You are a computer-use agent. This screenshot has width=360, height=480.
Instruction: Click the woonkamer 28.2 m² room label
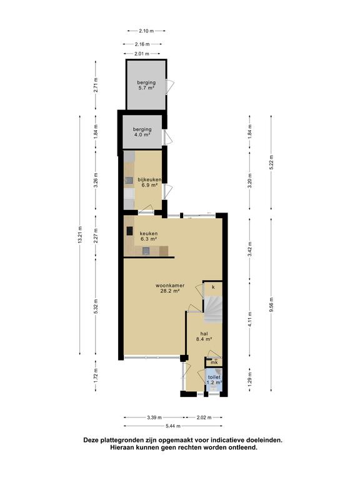click(x=170, y=288)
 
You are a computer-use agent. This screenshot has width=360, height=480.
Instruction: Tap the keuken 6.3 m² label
click(x=149, y=236)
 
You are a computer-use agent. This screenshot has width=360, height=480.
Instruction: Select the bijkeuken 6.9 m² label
click(x=149, y=182)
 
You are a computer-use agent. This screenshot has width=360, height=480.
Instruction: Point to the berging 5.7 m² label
click(x=146, y=85)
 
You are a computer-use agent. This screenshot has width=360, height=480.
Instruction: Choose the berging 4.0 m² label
click(x=142, y=132)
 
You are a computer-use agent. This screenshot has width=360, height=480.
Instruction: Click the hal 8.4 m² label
click(x=204, y=336)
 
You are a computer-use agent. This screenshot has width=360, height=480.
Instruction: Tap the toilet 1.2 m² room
click(x=214, y=380)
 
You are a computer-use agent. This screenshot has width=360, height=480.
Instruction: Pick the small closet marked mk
click(x=214, y=362)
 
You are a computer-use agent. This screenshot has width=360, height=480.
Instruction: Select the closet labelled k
click(x=213, y=287)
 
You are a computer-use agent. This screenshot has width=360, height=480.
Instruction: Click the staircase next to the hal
click(x=213, y=309)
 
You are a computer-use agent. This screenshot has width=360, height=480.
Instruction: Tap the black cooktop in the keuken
click(x=130, y=231)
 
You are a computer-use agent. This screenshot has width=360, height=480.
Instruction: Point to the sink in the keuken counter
click(x=146, y=251)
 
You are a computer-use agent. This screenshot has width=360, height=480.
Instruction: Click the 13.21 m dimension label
click(x=80, y=235)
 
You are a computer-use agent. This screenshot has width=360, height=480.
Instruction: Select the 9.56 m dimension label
click(x=271, y=305)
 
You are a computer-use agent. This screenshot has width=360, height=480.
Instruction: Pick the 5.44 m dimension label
click(x=173, y=426)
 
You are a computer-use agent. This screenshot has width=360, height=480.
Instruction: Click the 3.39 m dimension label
click(x=154, y=417)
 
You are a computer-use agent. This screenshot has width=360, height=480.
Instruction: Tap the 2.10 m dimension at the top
click(x=146, y=31)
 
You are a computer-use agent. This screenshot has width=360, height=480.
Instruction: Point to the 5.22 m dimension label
click(x=271, y=162)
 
